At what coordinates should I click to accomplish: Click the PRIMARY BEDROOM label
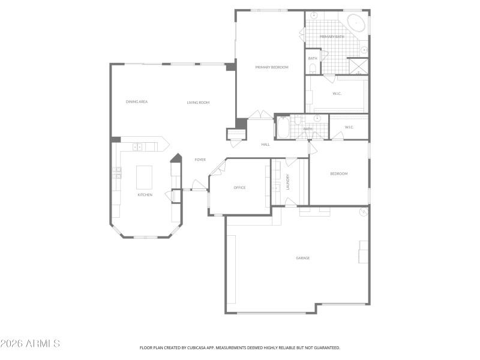[272, 67]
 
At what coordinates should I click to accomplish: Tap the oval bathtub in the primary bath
[357, 24]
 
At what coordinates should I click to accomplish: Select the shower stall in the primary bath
[358, 65]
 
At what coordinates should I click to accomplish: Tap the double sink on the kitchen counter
[137, 146]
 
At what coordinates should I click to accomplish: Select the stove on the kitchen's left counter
[118, 173]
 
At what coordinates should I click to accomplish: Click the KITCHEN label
[145, 195]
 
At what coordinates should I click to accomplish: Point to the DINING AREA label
[137, 102]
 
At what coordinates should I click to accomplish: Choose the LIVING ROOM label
[198, 103]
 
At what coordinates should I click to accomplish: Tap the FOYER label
[200, 160]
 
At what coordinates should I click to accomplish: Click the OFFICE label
[239, 188]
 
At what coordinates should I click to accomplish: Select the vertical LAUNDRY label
[289, 182]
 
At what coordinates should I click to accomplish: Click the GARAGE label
[302, 258]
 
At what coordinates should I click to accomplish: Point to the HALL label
[265, 145]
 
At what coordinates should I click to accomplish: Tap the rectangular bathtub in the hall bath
[283, 128]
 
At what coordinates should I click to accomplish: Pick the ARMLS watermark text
[30, 344]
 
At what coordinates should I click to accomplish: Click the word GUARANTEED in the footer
[326, 347]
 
